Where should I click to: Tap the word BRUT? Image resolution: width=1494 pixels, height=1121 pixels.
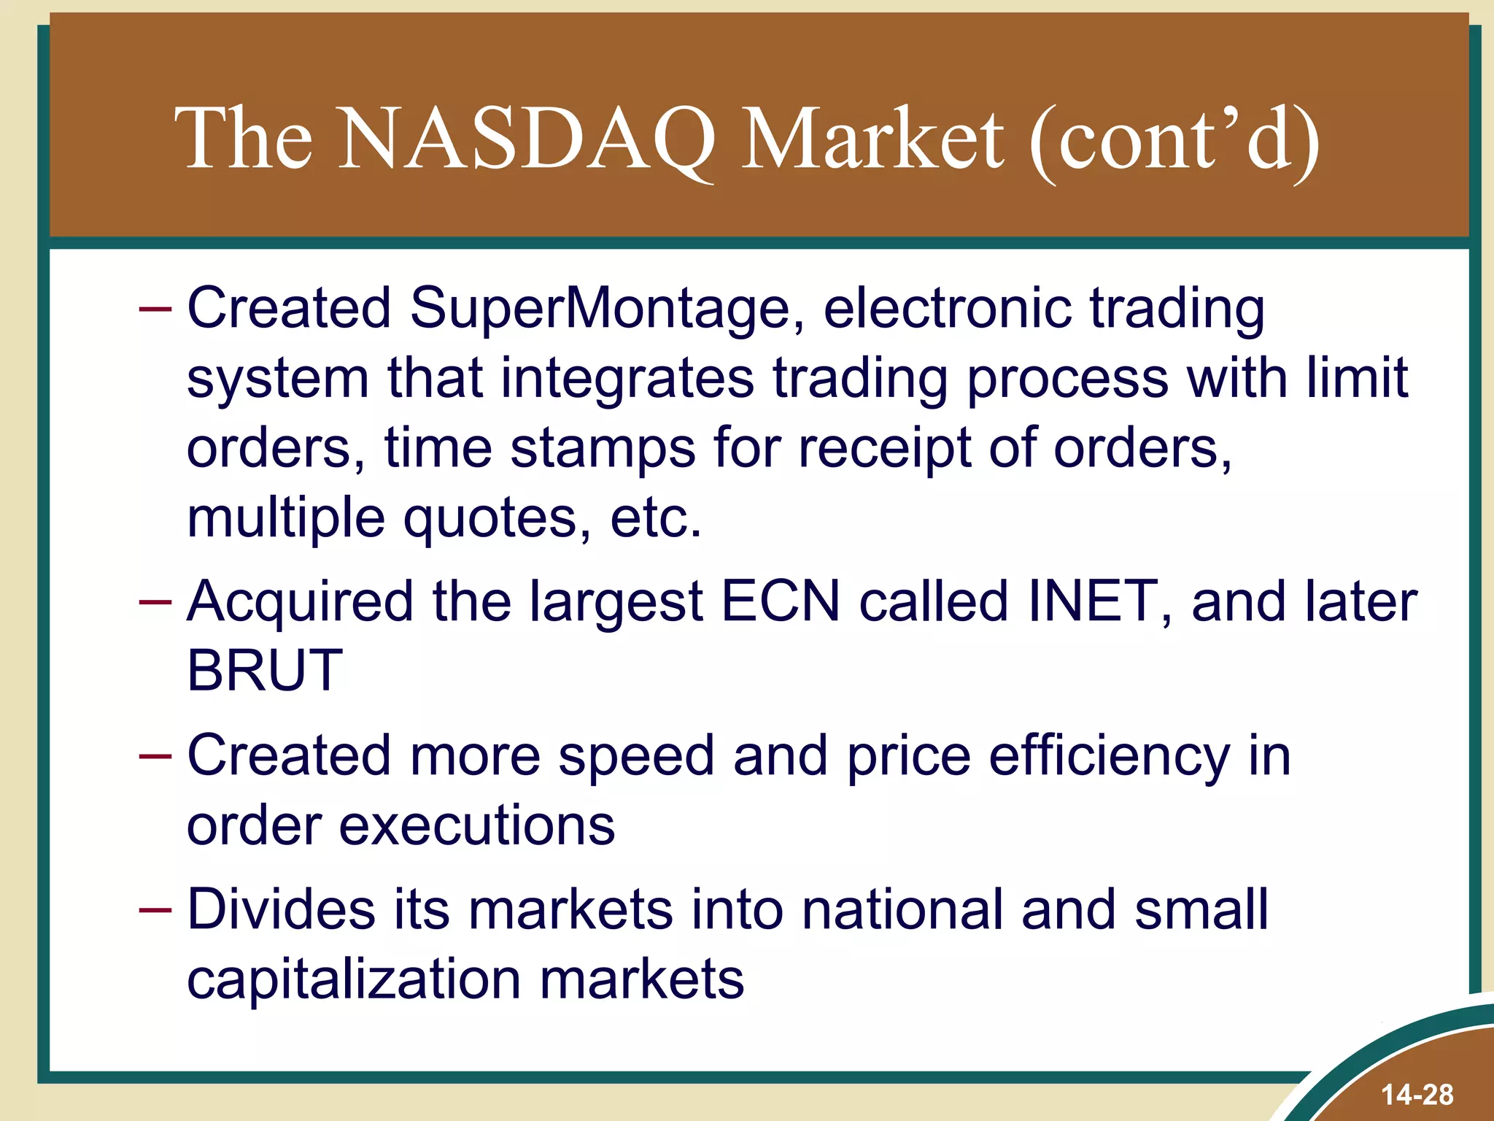[265, 671]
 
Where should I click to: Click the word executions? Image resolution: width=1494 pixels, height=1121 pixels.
[477, 826]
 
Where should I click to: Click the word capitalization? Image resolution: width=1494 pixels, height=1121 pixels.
[354, 980]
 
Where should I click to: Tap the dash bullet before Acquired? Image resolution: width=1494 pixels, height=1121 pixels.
[155, 602]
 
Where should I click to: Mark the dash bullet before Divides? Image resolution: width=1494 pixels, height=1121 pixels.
[155, 910]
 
